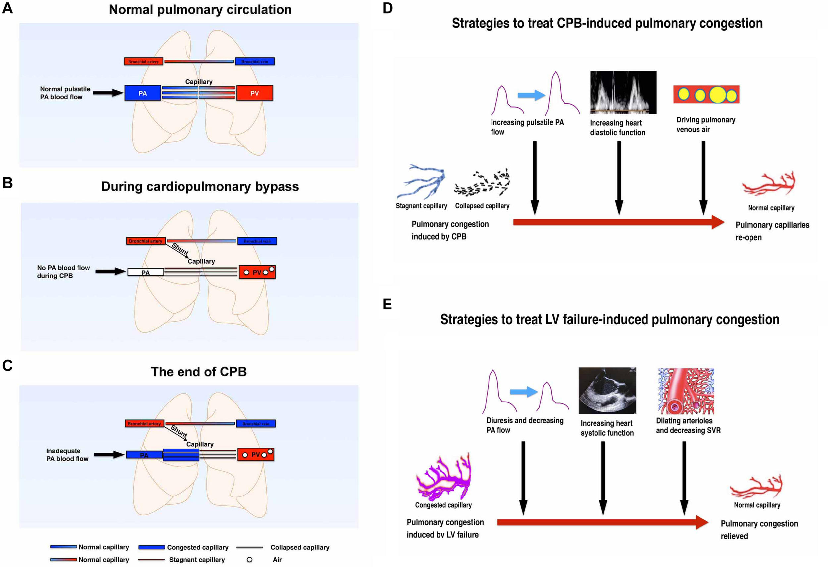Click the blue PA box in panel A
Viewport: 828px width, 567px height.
tap(142, 93)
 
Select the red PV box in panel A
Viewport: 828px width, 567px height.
tap(254, 93)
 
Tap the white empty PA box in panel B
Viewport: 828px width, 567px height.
tap(145, 272)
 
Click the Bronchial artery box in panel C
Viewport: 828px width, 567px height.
tap(144, 423)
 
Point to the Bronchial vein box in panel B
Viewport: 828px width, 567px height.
tap(257, 241)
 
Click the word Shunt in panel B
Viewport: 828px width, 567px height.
tap(180, 249)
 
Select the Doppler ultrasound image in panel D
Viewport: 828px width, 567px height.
tap(623, 92)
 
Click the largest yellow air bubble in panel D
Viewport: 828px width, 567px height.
tap(717, 95)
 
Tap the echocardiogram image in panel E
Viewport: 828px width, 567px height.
tap(607, 391)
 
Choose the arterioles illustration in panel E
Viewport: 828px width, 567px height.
tap(686, 391)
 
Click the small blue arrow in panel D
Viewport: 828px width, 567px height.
tap(531, 95)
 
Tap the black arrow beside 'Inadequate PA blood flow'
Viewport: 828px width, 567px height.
tap(109, 455)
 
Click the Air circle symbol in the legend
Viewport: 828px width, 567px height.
tap(249, 559)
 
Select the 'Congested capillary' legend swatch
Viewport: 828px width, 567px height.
tap(151, 547)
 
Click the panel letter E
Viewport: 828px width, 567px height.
tap(387, 304)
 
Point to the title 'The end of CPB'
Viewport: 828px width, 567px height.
tap(198, 372)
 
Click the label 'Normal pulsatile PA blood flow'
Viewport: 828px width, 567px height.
tap(65, 93)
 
